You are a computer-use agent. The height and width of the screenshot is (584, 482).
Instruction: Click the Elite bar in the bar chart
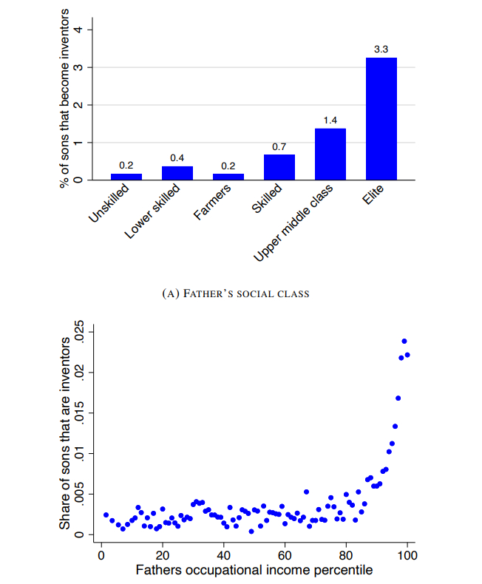tap(381, 118)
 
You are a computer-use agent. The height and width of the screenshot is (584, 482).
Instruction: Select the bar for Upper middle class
tap(330, 154)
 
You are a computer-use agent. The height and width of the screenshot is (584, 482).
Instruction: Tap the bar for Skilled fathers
tap(279, 167)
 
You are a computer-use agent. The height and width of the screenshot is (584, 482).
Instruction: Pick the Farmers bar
tap(228, 177)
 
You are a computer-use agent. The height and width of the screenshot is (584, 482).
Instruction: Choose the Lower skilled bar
tap(177, 173)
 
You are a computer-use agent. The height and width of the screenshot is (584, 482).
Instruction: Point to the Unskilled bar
tap(126, 177)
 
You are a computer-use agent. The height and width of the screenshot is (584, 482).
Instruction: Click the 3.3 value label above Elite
tap(381, 49)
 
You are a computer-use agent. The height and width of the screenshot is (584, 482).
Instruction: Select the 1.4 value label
tap(330, 120)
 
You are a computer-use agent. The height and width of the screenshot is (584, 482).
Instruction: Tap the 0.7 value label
tap(279, 146)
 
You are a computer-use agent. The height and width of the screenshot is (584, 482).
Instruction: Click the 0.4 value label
tap(177, 157)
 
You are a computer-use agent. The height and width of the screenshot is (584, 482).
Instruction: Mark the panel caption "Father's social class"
tap(235, 293)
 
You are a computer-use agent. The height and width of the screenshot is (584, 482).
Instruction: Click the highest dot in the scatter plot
tap(404, 342)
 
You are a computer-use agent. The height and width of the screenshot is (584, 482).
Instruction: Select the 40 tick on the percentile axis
tap(223, 555)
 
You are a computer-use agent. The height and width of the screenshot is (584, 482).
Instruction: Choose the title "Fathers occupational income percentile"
tap(254, 570)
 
